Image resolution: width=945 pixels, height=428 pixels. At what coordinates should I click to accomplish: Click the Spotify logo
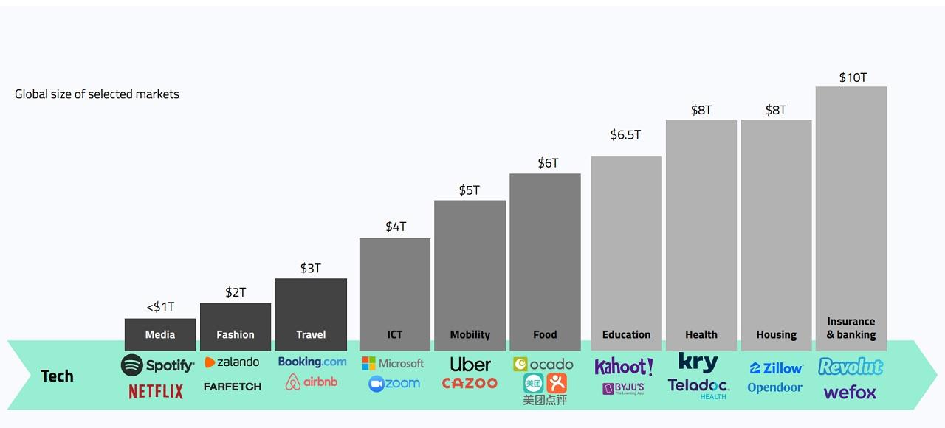157,365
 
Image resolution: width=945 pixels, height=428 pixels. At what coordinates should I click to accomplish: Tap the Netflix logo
156,391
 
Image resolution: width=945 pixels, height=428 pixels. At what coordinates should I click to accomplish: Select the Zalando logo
232,362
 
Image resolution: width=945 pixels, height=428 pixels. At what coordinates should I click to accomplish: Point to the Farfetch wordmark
233,387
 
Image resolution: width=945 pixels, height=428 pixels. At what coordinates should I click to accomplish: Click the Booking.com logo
312,362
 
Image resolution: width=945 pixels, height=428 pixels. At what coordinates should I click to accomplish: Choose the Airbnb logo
311,382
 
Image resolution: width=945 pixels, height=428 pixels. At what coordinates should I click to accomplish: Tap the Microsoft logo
393,363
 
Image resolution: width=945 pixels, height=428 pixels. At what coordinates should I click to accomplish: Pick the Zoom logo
394,384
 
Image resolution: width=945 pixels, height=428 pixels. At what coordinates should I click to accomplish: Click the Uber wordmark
470,365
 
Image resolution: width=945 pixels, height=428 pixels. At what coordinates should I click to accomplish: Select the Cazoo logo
470,384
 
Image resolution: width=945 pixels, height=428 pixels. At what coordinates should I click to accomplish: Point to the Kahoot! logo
624,366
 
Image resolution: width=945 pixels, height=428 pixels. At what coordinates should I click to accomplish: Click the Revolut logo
850,366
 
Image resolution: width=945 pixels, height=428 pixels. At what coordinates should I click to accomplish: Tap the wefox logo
850,392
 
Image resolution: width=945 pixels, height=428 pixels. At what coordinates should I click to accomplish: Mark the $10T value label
853,77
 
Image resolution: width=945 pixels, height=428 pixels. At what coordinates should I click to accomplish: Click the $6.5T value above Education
625,135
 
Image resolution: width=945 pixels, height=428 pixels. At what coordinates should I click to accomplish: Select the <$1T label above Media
160,307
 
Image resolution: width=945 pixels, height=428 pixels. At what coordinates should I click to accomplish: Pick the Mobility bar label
470,334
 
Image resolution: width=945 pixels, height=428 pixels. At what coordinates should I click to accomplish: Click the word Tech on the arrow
57,376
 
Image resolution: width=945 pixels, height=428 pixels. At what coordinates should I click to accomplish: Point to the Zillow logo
776,368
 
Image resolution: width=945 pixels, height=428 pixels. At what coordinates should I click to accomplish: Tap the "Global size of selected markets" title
97,94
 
